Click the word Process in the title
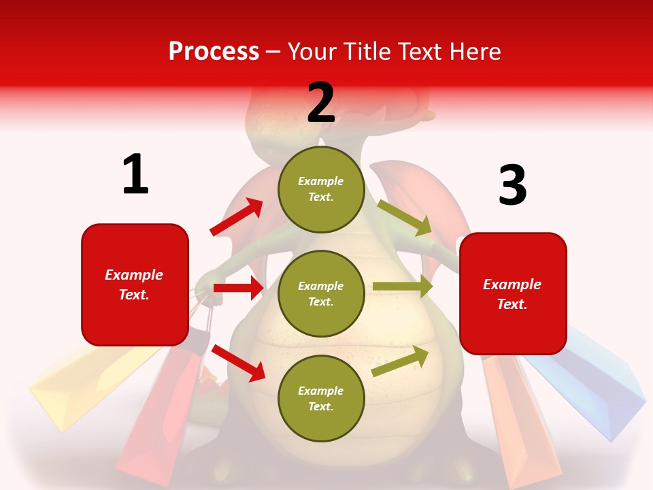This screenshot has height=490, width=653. point(214,51)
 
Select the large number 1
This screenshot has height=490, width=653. point(135,174)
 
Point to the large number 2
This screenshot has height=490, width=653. point(321,102)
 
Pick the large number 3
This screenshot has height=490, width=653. point(512,185)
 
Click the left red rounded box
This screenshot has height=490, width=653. point(135,284)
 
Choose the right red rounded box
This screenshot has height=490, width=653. point(513,293)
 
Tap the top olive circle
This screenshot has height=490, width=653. point(321,189)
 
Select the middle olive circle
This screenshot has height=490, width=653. point(321,293)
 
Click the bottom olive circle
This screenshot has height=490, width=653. point(321,398)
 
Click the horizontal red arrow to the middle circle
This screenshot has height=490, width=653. point(237,288)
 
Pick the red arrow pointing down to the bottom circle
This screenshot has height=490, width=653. point(238,363)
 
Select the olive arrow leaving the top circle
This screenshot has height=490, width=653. point(404,217)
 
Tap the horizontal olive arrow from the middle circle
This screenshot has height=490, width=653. point(402,287)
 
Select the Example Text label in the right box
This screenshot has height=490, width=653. point(512,294)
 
